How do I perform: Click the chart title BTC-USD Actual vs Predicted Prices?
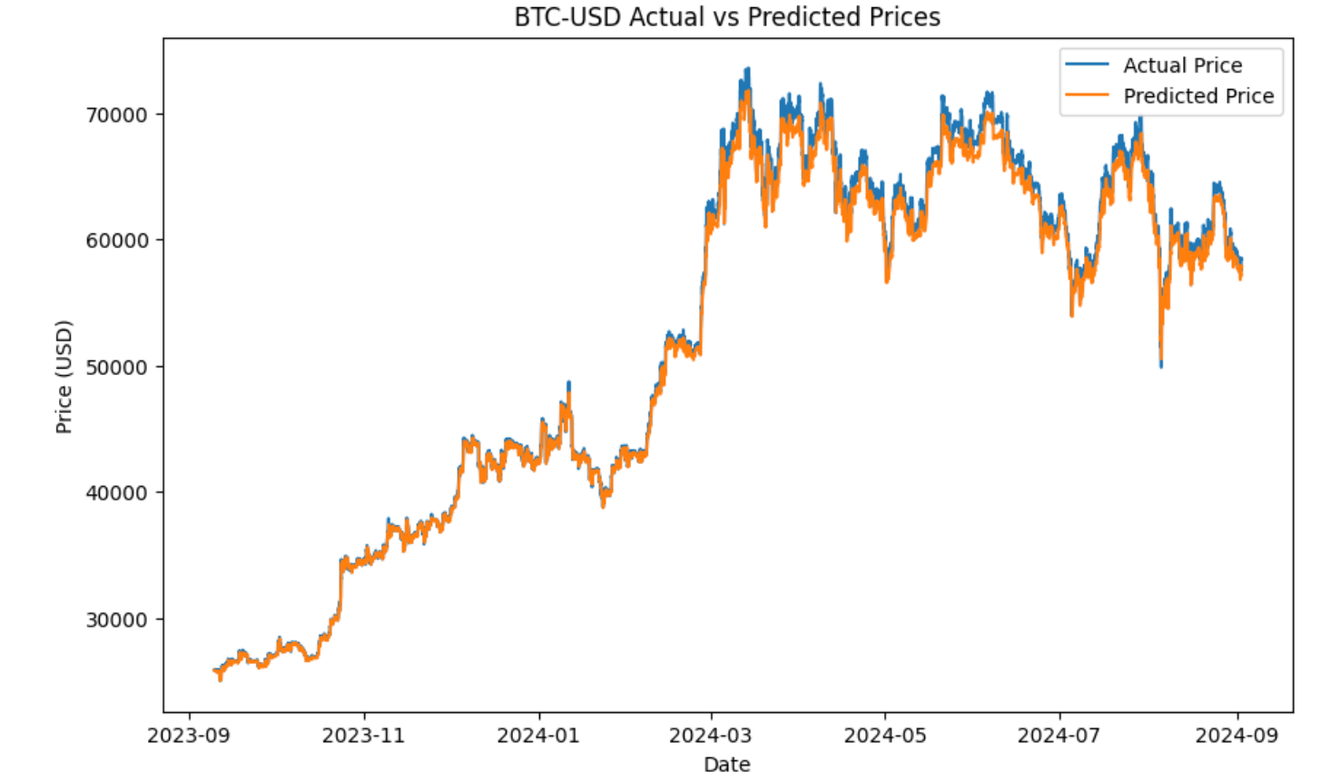pos(727,17)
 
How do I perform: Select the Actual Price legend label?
pos(1182,65)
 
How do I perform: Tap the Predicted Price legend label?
pos(1198,96)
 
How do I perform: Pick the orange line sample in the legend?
pos(1087,95)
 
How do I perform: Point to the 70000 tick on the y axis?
pos(116,115)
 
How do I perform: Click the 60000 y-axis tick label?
pos(116,241)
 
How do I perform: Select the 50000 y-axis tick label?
pos(116,367)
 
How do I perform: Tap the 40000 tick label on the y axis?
pos(116,493)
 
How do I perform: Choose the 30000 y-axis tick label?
pos(116,619)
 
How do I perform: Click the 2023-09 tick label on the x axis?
pos(189,735)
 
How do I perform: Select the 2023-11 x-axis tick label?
pos(363,735)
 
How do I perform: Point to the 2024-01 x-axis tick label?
pos(537,735)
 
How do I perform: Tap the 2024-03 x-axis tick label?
pos(711,735)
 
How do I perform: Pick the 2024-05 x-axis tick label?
pos(885,735)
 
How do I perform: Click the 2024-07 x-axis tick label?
pos(1059,735)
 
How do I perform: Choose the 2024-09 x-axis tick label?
pos(1237,735)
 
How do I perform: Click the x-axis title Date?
pos(727,764)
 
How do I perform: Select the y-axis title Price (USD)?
pos(64,376)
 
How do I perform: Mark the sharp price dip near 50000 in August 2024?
pos(1160,362)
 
